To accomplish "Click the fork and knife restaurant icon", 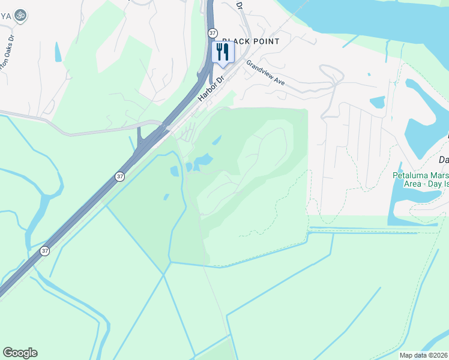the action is pyautogui.click(x=223, y=52).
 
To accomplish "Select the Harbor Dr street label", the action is pyautogui.click(x=211, y=88).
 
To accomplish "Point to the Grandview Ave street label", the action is pyautogui.click(x=265, y=72).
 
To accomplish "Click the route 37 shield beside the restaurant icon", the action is pyautogui.click(x=212, y=34).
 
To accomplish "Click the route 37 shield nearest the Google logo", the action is pyautogui.click(x=44, y=251).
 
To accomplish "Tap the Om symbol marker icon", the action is pyautogui.click(x=20, y=14).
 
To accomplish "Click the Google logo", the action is pyautogui.click(x=20, y=353).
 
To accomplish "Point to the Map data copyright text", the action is pyautogui.click(x=424, y=355).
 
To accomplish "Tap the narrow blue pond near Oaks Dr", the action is pyautogui.click(x=58, y=52).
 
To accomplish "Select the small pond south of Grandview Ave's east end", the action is pyautogui.click(x=378, y=102).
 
